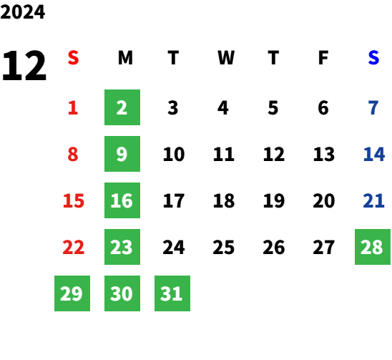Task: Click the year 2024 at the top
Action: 22,12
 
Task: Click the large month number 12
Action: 24,66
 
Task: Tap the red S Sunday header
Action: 73,58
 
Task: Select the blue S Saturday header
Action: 373,58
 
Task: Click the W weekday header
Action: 226,58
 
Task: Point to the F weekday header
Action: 323,58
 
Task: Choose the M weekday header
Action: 125,58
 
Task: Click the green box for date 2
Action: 122,107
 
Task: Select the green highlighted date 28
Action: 373,247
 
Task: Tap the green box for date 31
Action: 172,293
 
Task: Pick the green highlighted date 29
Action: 72,293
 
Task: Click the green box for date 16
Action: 122,200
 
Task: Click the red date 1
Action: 73,108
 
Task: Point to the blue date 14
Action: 373,154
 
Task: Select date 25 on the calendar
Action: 223,248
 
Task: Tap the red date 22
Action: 73,248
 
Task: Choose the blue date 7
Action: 373,108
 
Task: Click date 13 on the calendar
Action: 324,154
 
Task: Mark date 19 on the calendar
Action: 274,200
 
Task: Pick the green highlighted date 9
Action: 122,154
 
